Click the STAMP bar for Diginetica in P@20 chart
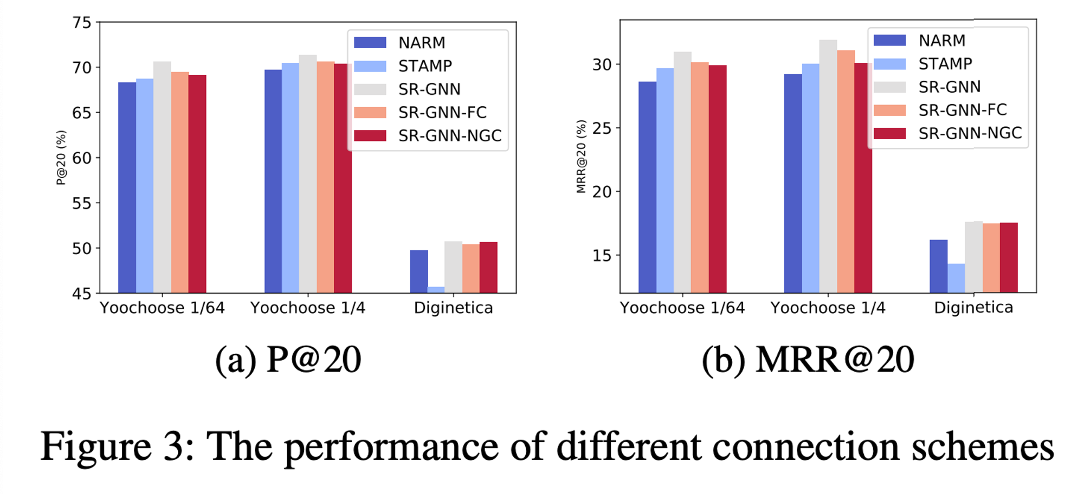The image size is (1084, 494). (x=436, y=290)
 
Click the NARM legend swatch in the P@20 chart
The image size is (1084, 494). (x=370, y=43)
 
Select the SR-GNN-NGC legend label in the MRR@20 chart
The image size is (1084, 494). (x=970, y=133)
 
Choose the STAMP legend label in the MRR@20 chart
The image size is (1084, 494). (x=945, y=64)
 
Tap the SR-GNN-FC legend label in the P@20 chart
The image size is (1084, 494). (x=442, y=113)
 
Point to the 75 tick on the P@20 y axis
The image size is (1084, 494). (x=82, y=23)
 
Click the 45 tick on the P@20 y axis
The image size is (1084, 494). (x=82, y=294)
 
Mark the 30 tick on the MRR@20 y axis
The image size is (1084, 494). (x=602, y=65)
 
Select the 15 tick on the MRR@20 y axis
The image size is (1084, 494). (x=602, y=256)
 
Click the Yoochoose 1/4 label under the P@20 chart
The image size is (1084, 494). (x=307, y=308)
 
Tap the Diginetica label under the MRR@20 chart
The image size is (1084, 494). (x=973, y=308)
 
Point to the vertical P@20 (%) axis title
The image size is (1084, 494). (x=61, y=158)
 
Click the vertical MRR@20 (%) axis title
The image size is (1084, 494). (x=581, y=157)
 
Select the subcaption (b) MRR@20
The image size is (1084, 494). (x=808, y=360)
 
